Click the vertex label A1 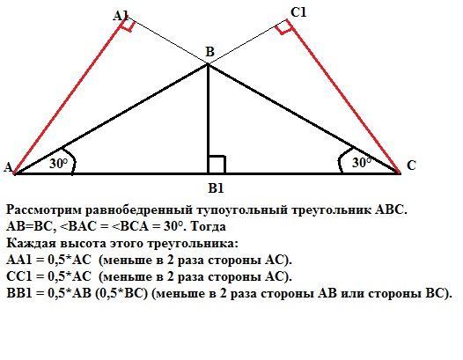point(121,16)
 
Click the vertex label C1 point(298,12)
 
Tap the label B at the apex point(209,52)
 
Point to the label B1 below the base point(216,188)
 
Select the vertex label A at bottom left point(8,167)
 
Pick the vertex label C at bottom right point(411,165)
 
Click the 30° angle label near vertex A point(58,164)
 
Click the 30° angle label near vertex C point(362,163)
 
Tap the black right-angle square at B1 point(217,165)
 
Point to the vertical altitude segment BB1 point(208,119)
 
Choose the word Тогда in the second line point(208,226)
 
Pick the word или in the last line point(352,293)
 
